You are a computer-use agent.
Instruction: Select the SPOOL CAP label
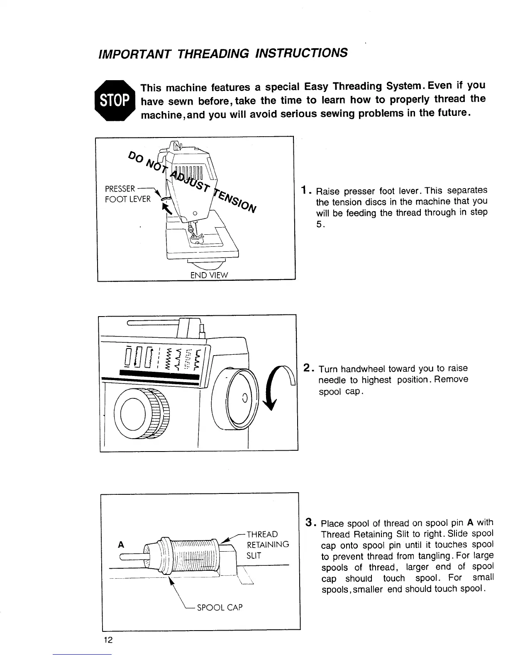click(220, 607)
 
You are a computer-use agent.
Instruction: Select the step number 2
click(307, 368)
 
